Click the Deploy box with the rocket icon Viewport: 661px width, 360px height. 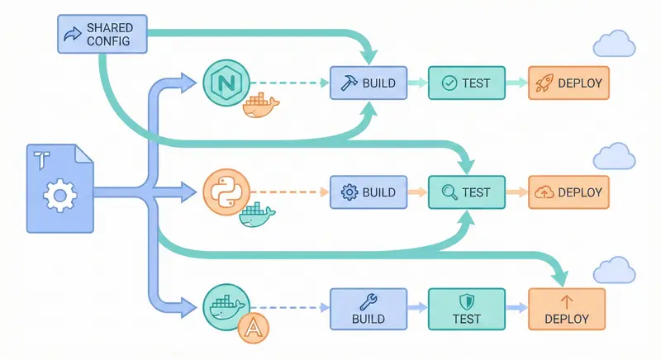pyautogui.click(x=568, y=83)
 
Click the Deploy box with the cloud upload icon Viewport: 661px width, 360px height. pyautogui.click(x=568, y=192)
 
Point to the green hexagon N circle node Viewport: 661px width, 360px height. pyautogui.click(x=224, y=83)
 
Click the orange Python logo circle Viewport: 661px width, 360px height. pyautogui.click(x=224, y=192)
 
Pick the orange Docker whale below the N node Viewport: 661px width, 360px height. pyautogui.click(x=260, y=108)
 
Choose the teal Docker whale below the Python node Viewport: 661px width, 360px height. pyautogui.click(x=257, y=216)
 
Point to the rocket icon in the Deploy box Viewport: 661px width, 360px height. pyautogui.click(x=544, y=83)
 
